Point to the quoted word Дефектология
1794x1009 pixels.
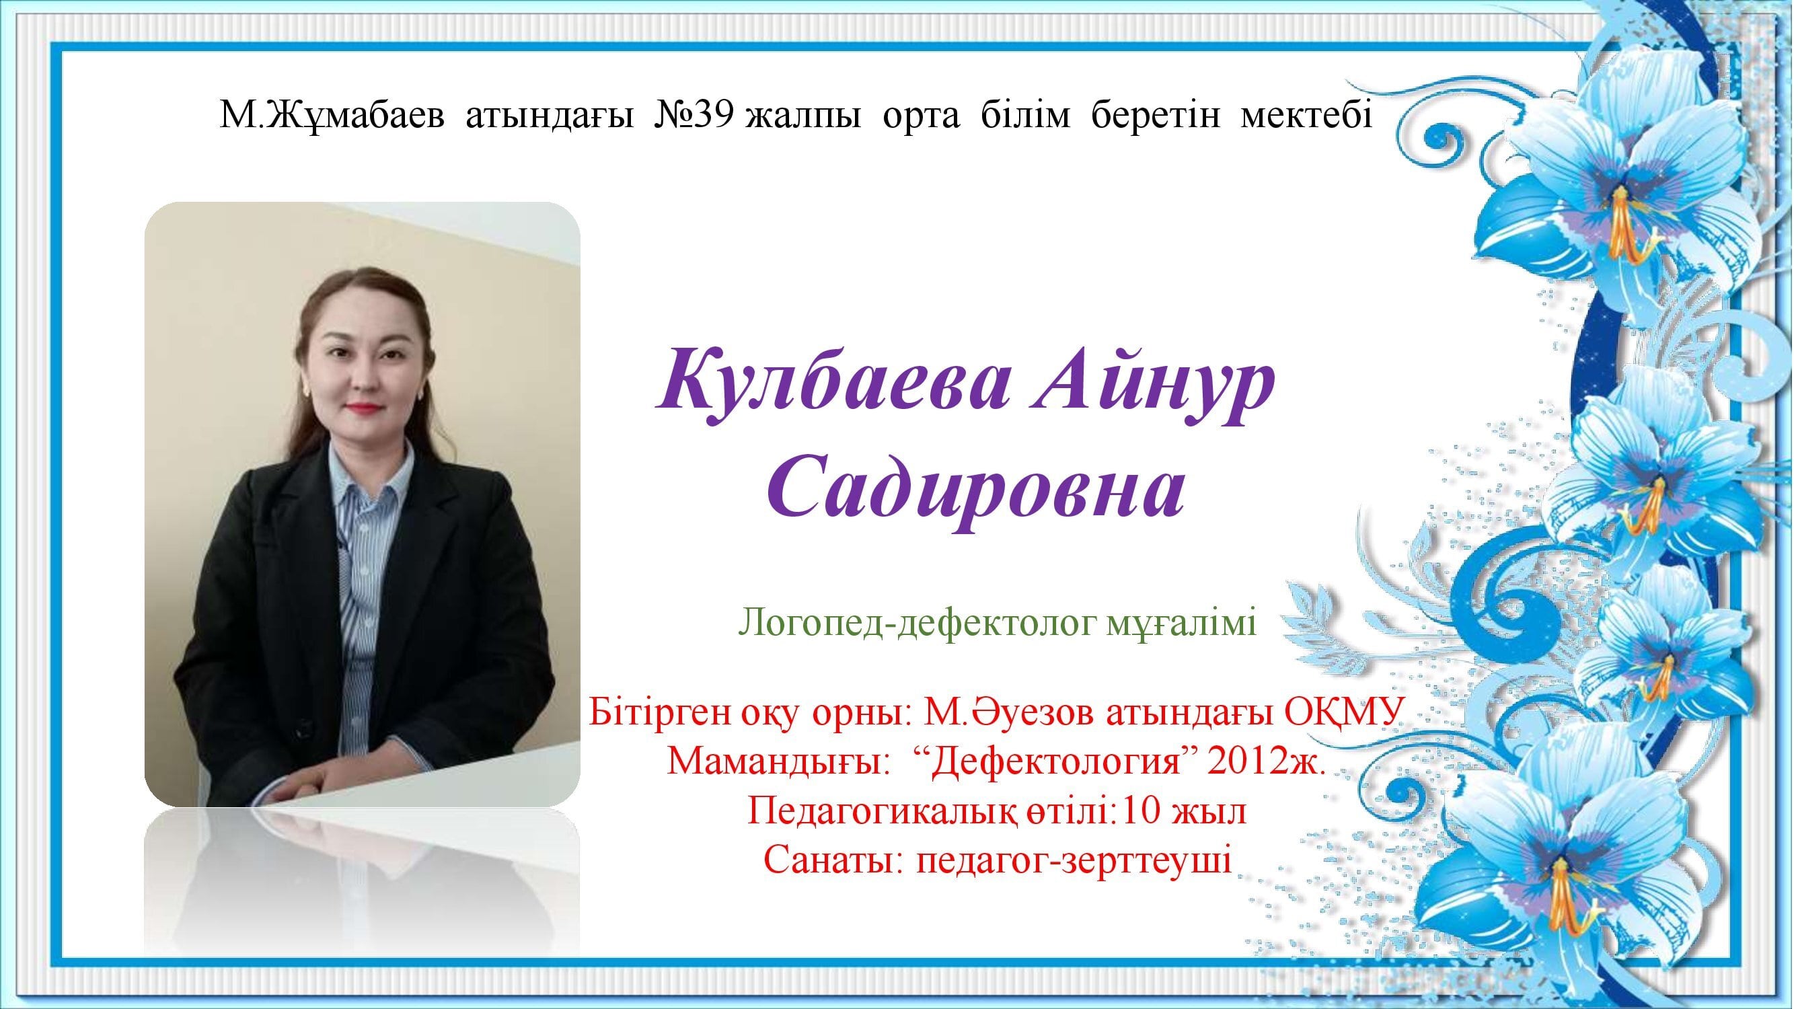1059,763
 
